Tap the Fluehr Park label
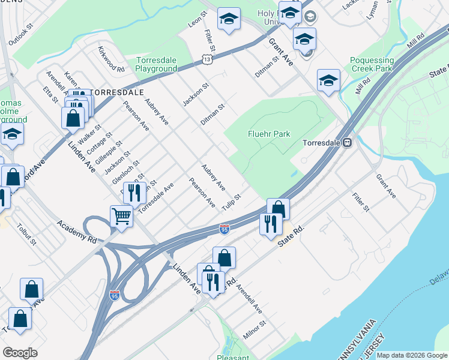269,134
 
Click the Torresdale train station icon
347,143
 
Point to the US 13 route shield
207,60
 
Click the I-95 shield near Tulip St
224,229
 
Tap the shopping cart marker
121,215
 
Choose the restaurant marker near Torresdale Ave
134,193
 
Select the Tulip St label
231,202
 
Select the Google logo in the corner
20,352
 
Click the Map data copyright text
412,355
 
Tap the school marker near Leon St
229,19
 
